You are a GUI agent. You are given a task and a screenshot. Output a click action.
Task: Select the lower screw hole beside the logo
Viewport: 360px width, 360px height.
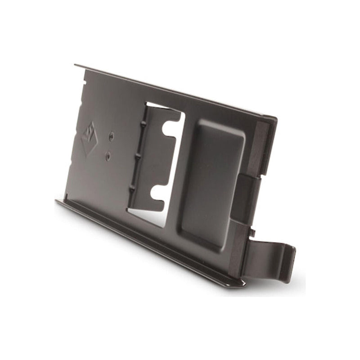point(108,156)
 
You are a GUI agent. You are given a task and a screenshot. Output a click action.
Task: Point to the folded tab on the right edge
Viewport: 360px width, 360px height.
point(247,198)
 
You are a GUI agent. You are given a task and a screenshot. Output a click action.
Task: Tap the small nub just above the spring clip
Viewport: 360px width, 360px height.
point(253,233)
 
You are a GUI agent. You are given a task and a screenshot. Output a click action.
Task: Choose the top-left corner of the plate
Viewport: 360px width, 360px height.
point(76,65)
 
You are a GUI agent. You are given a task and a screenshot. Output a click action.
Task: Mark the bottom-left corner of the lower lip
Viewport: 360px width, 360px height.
point(57,201)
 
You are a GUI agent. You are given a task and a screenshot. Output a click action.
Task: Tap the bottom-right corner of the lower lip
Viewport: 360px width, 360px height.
point(243,284)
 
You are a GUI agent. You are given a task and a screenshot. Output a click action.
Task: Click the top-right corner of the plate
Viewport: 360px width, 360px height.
point(275,119)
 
